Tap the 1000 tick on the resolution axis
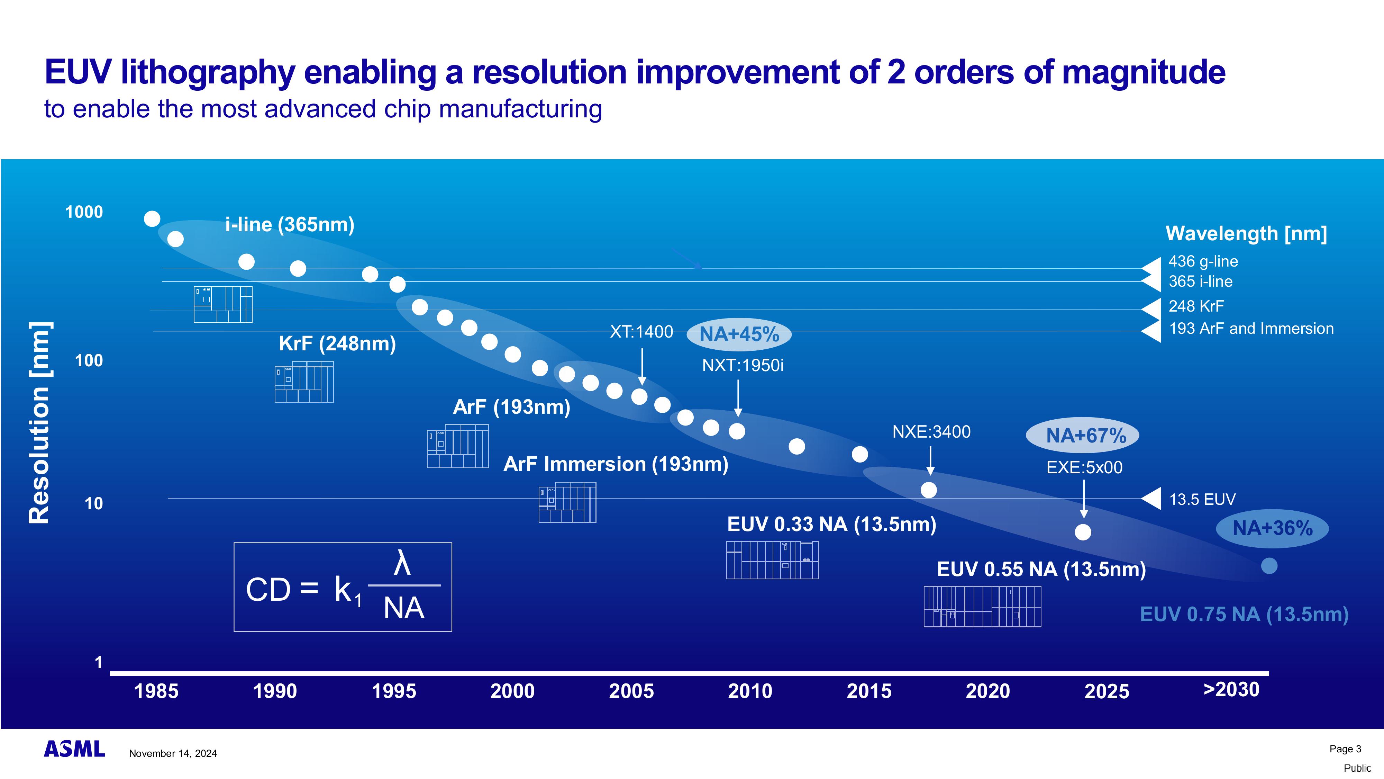coord(84,212)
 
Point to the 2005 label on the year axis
coord(631,691)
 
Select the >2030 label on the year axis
coord(1231,689)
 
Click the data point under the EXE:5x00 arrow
coord(1083,532)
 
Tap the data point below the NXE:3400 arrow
coord(928,490)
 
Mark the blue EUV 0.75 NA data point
coord(1269,566)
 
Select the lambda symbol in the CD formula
coord(402,564)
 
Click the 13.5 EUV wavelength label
coord(1202,500)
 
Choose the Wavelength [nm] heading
coord(1246,233)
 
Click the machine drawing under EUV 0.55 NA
coord(982,607)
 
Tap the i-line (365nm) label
coord(290,224)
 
